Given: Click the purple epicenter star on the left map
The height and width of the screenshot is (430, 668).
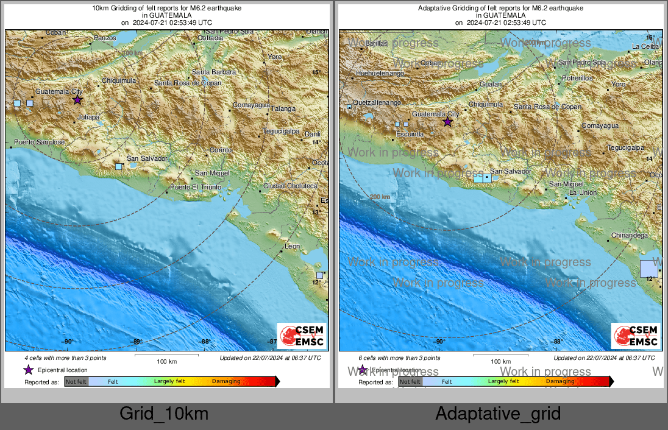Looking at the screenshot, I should pyautogui.click(x=77, y=99).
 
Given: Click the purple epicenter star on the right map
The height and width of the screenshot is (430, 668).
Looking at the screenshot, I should pyautogui.click(x=447, y=122).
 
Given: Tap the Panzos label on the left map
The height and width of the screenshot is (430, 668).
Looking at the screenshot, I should pyautogui.click(x=104, y=38).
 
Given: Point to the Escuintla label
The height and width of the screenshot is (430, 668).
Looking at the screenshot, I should pyautogui.click(x=410, y=133).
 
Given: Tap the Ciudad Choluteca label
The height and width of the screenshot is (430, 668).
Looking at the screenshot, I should pyautogui.click(x=290, y=186).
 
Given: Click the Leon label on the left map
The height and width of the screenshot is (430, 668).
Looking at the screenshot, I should pyautogui.click(x=293, y=247).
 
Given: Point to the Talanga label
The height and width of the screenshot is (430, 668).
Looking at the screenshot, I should pyautogui.click(x=283, y=109).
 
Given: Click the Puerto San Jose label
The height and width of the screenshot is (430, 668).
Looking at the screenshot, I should pyautogui.click(x=39, y=142).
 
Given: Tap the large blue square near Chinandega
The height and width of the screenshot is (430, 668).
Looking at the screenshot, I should pyautogui.click(x=649, y=269).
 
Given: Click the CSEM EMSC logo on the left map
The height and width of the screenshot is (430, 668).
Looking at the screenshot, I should pyautogui.click(x=301, y=336).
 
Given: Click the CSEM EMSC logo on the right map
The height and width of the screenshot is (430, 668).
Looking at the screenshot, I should pyautogui.click(x=636, y=336).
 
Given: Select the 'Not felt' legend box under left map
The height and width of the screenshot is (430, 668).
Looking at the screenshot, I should pyautogui.click(x=76, y=382).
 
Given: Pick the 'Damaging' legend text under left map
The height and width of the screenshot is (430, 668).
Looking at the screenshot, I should pyautogui.click(x=226, y=382).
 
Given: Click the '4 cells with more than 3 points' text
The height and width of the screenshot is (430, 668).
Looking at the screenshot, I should pyautogui.click(x=65, y=358).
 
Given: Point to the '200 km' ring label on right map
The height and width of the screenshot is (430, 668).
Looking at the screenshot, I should pyautogui.click(x=379, y=197).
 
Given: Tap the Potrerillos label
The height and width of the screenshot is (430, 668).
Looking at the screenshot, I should pyautogui.click(x=577, y=79).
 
